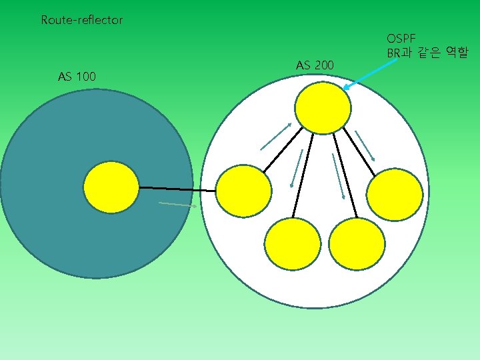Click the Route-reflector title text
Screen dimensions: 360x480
81,20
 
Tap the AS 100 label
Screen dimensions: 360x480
77,77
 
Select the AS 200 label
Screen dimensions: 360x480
315,65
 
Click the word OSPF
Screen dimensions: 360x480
401,39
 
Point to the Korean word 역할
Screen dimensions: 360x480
457,52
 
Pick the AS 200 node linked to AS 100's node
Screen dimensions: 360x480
245,191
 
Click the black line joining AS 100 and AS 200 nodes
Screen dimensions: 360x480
177,189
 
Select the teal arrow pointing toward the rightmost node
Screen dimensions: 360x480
365,145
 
